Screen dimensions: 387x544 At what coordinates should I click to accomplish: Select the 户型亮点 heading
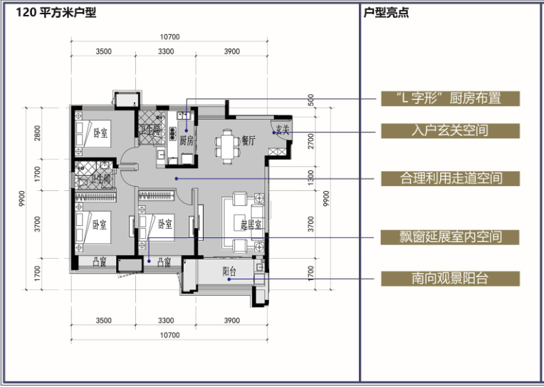[386, 13]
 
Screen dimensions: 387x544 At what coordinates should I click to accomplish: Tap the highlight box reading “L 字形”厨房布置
[450, 98]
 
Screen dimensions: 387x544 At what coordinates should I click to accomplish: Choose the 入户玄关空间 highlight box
[450, 131]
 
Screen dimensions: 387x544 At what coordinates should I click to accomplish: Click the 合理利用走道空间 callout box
[450, 177]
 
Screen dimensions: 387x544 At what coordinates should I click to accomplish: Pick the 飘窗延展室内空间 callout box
[450, 237]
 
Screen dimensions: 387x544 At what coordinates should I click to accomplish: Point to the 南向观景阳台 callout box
[450, 279]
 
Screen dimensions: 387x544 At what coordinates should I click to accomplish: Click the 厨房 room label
[187, 140]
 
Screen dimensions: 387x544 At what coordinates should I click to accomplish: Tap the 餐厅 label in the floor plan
[248, 140]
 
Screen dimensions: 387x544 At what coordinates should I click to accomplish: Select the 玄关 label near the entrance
[281, 130]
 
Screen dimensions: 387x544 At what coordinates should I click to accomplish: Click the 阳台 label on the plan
[229, 271]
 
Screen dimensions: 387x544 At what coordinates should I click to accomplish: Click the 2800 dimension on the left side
[38, 133]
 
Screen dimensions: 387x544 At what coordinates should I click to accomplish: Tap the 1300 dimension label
[310, 177]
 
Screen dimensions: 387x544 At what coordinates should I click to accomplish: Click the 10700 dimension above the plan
[169, 37]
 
